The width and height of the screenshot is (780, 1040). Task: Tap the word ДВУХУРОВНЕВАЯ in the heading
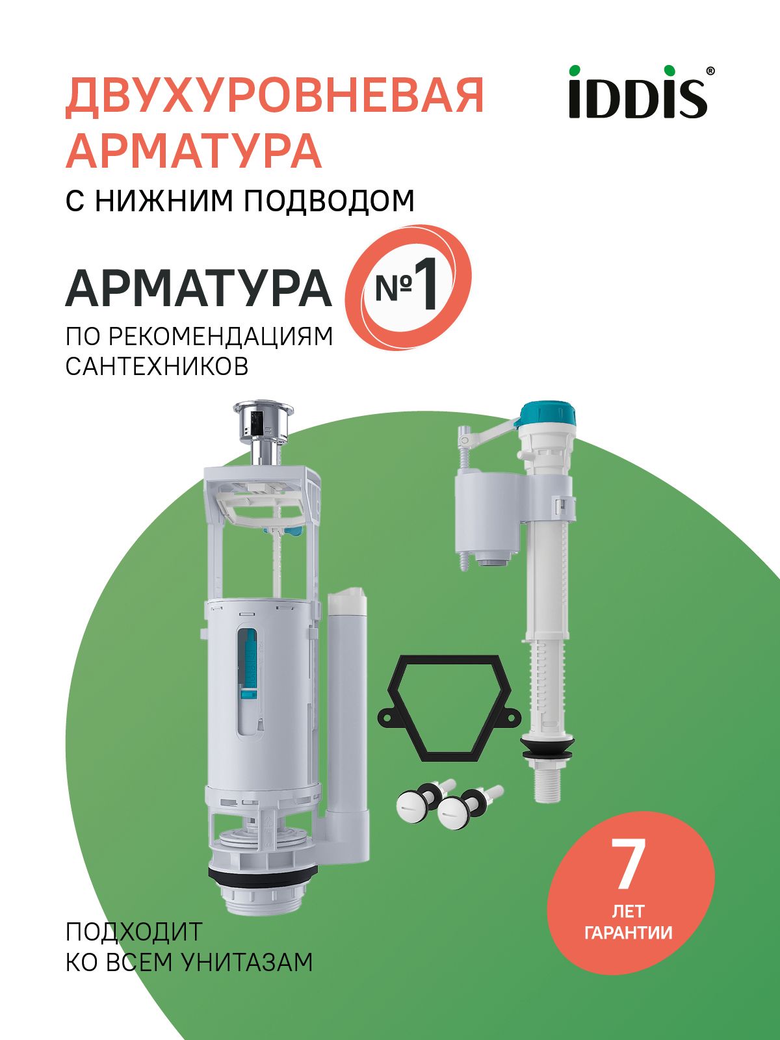point(275,96)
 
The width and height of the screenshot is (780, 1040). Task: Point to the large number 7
point(628,865)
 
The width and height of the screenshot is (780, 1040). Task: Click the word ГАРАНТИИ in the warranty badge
point(629,933)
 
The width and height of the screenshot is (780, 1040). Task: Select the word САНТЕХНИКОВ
point(157,367)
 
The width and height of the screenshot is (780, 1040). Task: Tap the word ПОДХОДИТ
point(134,931)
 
